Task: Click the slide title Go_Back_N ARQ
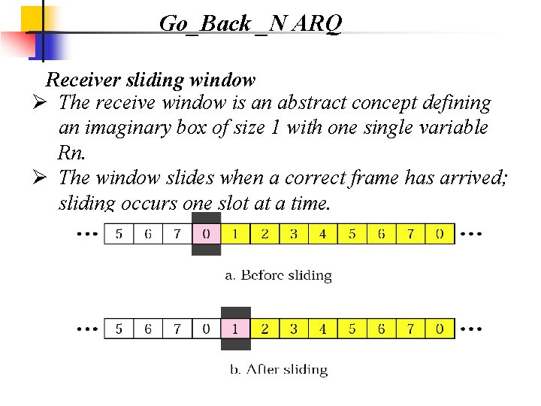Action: coord(250,24)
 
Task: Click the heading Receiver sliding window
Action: coord(150,79)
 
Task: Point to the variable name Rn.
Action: coord(71,153)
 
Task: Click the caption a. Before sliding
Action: coord(279,275)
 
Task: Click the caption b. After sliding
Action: coord(278,370)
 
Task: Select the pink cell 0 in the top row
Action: coord(206,234)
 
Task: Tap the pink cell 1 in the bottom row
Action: coord(235,329)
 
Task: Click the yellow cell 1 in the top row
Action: coord(235,234)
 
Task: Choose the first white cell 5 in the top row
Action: coord(119,234)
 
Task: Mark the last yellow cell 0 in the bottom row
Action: coord(440,329)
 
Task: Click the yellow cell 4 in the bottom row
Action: coord(322,329)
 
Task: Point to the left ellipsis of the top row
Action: coord(88,234)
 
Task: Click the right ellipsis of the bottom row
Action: coord(470,329)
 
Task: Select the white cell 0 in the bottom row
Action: coord(206,329)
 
